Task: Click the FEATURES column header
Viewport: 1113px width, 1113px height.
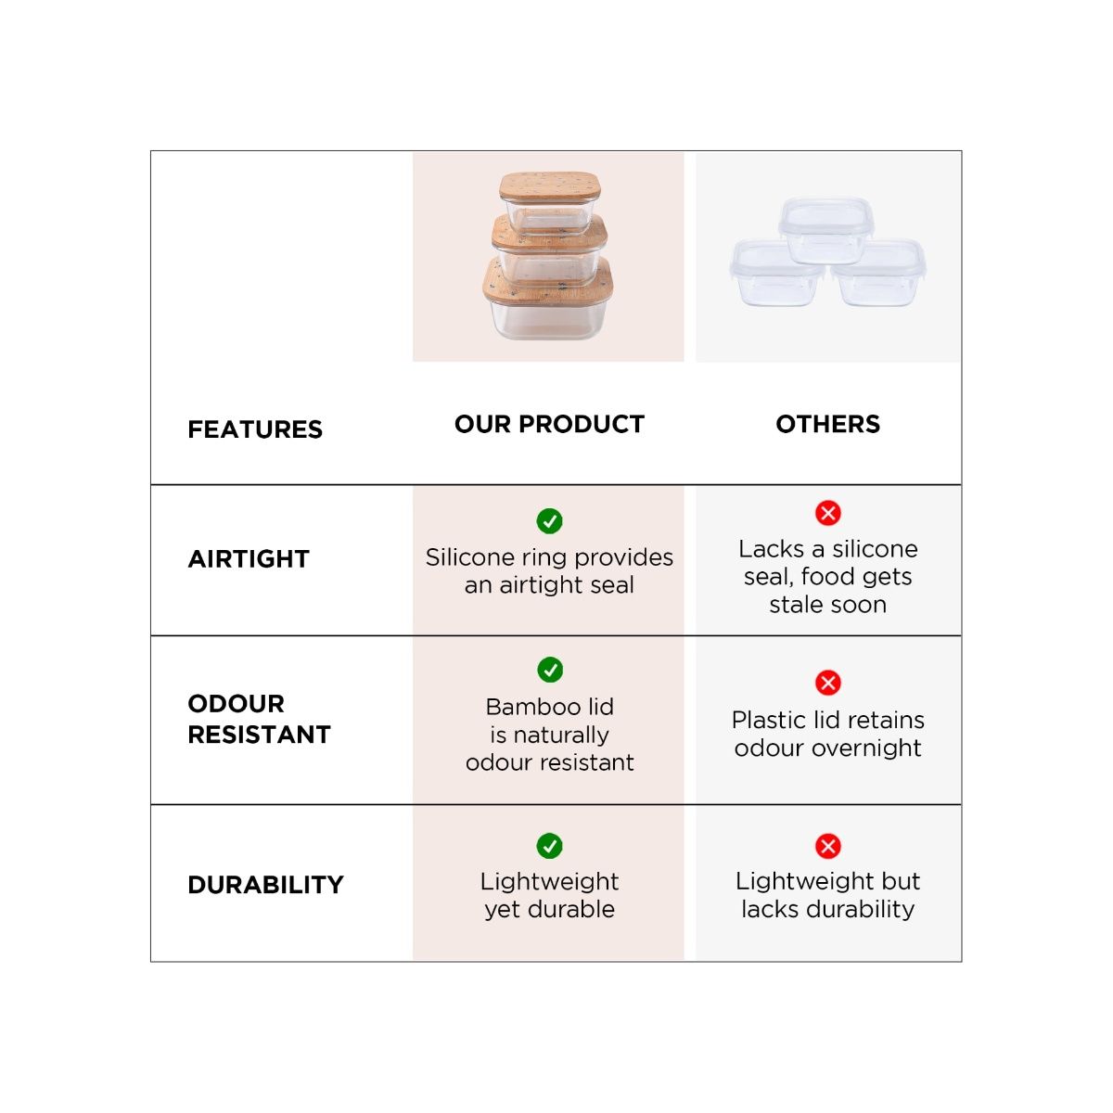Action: pos(255,429)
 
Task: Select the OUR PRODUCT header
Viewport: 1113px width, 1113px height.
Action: pos(549,424)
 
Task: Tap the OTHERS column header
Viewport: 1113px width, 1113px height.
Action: pos(827,424)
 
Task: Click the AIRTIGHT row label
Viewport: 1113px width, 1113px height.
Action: pos(249,559)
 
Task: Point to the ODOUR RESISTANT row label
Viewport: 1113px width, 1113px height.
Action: pos(259,719)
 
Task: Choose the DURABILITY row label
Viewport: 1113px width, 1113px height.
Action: pos(265,885)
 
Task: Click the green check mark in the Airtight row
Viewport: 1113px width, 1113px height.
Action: pos(550,521)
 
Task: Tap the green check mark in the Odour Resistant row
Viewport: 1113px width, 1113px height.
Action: pos(550,670)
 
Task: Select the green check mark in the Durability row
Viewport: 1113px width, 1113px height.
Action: pos(550,846)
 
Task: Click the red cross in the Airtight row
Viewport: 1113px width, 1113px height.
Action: pos(828,513)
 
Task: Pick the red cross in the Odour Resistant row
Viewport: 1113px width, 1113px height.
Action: pos(828,684)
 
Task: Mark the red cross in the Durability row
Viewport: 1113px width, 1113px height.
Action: pos(828,846)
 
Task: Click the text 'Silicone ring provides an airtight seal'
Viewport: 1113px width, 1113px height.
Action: pos(549,571)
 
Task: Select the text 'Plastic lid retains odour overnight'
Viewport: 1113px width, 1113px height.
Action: pos(827,734)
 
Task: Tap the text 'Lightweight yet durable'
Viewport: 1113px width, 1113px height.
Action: pos(549,895)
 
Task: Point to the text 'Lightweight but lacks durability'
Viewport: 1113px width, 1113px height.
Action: pos(827,895)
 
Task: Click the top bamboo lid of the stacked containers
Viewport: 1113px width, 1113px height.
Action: pos(550,186)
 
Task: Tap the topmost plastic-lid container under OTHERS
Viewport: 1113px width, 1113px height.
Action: pos(826,228)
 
